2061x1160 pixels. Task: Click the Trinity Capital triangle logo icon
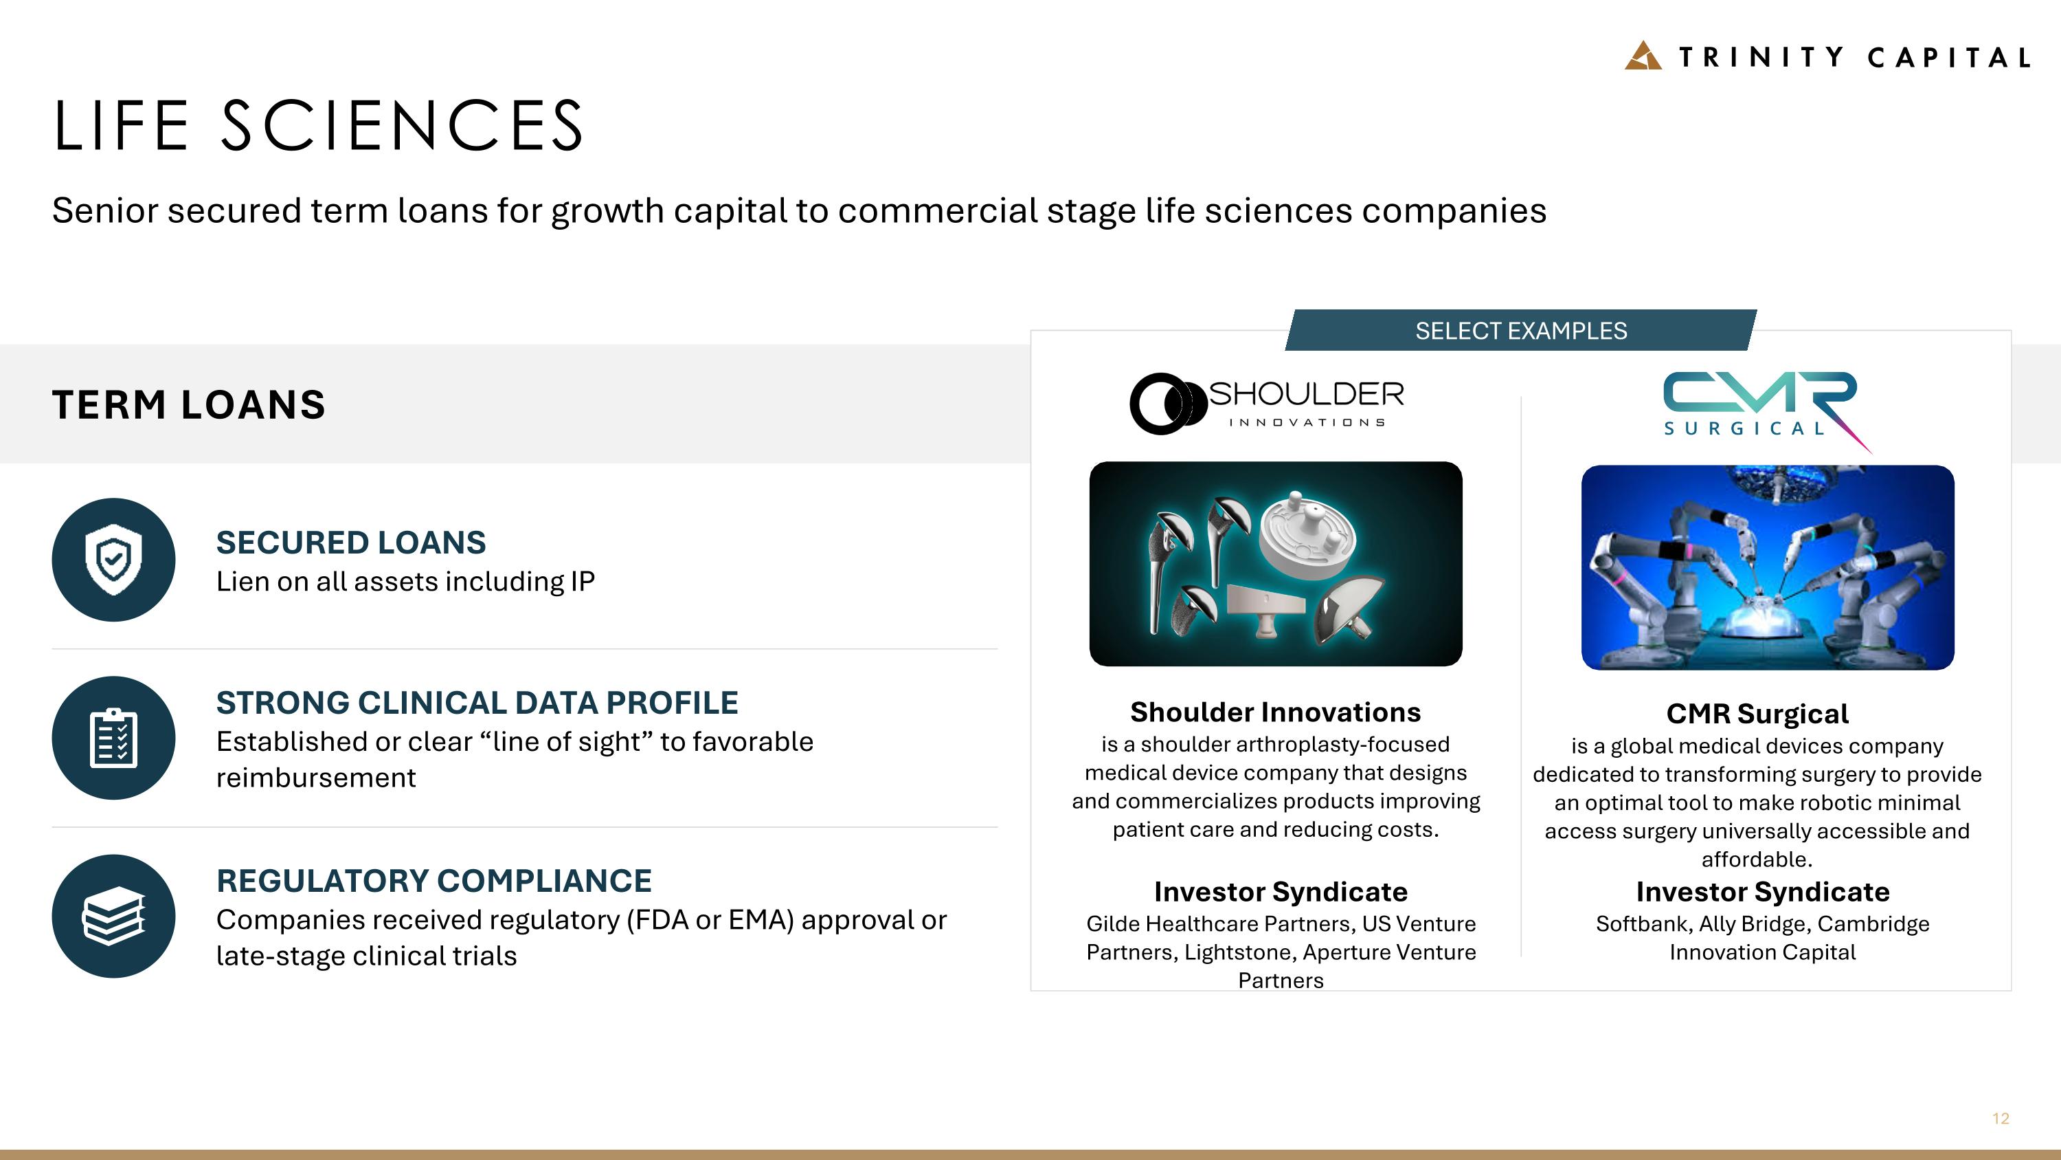coord(1643,55)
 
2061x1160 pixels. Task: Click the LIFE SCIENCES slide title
coord(319,126)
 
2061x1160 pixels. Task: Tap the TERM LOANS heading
coord(189,404)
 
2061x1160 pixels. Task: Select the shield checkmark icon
coord(113,559)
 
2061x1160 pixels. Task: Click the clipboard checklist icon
coord(113,737)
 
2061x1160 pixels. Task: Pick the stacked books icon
coord(113,916)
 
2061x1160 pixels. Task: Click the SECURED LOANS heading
coord(350,542)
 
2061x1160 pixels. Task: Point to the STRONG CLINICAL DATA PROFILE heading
coord(477,702)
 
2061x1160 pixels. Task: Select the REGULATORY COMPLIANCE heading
coord(433,881)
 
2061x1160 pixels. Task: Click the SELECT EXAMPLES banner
coord(1520,331)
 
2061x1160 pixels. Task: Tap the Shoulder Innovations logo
coord(1268,404)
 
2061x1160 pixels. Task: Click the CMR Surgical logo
coord(1760,406)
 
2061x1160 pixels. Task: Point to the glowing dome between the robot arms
coord(1760,621)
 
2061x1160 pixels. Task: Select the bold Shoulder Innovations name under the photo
coord(1275,712)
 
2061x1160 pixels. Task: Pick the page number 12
coord(2000,1118)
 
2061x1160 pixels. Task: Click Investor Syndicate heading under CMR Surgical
coord(1763,891)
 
